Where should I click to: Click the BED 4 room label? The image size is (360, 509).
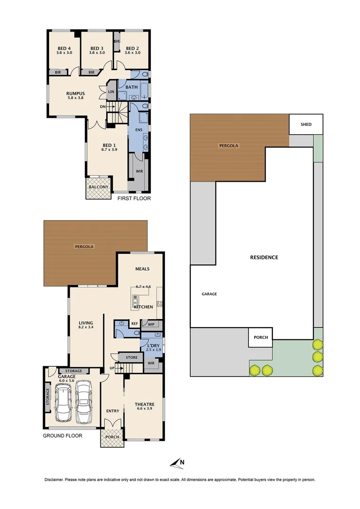pyautogui.click(x=65, y=48)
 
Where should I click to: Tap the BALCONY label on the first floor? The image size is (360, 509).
pyautogui.click(x=98, y=187)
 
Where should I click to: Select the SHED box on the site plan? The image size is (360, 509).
pyautogui.click(x=306, y=124)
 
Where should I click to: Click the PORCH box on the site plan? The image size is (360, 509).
pyautogui.click(x=261, y=337)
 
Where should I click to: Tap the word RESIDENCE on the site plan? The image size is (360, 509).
pyautogui.click(x=264, y=257)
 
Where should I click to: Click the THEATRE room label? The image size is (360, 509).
pyautogui.click(x=144, y=404)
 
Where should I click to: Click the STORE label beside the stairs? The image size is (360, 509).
pyautogui.click(x=132, y=358)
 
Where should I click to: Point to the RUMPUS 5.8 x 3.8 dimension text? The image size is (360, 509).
pyautogui.click(x=75, y=98)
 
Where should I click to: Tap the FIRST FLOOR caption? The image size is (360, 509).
pyautogui.click(x=134, y=198)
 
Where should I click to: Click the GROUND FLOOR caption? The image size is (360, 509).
pyautogui.click(x=63, y=436)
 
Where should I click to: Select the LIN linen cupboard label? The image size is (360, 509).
pyautogui.click(x=112, y=92)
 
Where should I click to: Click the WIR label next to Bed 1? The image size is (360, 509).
pyautogui.click(x=139, y=171)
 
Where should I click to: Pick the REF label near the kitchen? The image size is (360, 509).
pyautogui.click(x=134, y=324)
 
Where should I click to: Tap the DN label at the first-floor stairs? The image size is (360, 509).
pyautogui.click(x=103, y=107)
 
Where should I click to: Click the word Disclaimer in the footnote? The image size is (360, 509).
pyautogui.click(x=57, y=480)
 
